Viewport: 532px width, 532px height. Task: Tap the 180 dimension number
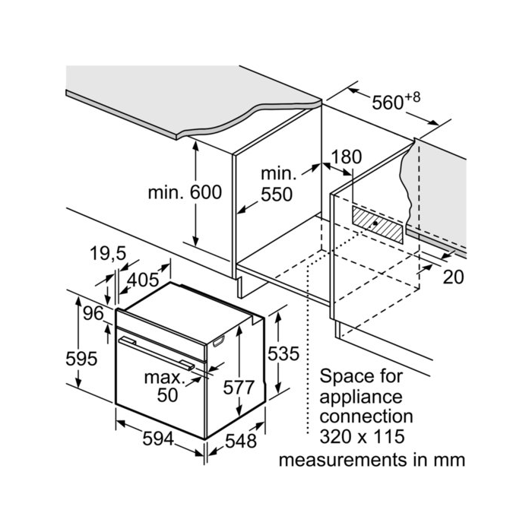[347, 157]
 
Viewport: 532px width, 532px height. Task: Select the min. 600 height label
[185, 192]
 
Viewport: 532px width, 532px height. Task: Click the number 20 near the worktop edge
[453, 277]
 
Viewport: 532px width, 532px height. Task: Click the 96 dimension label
[93, 313]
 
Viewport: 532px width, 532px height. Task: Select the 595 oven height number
[81, 358]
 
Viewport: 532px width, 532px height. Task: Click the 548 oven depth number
[241, 441]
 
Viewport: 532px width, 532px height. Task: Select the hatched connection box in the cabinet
[378, 225]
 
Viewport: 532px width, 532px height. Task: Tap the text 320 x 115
[362, 436]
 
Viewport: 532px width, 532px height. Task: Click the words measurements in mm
[372, 461]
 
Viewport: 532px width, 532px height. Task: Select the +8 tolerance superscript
[412, 95]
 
